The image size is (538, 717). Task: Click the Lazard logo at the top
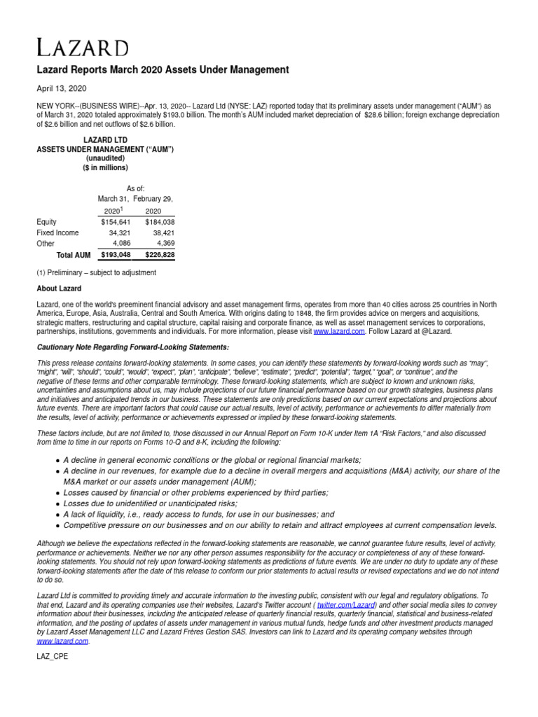point(83,48)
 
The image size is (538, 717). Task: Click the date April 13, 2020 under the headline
point(62,88)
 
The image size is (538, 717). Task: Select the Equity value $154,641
point(116,222)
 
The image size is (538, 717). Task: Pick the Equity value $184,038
point(159,222)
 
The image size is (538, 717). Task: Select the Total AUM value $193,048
point(116,256)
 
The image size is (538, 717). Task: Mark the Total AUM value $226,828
point(159,256)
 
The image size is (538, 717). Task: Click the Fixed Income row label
point(57,232)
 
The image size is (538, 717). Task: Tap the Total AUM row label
point(73,256)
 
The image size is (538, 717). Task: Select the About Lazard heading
point(59,288)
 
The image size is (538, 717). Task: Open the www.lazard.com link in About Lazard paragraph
point(338,332)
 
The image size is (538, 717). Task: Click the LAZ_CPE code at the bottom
point(53,657)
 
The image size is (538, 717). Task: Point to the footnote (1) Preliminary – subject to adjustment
point(96,272)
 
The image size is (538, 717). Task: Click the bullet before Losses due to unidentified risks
point(57,504)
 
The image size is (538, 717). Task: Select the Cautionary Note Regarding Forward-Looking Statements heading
point(132,348)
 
